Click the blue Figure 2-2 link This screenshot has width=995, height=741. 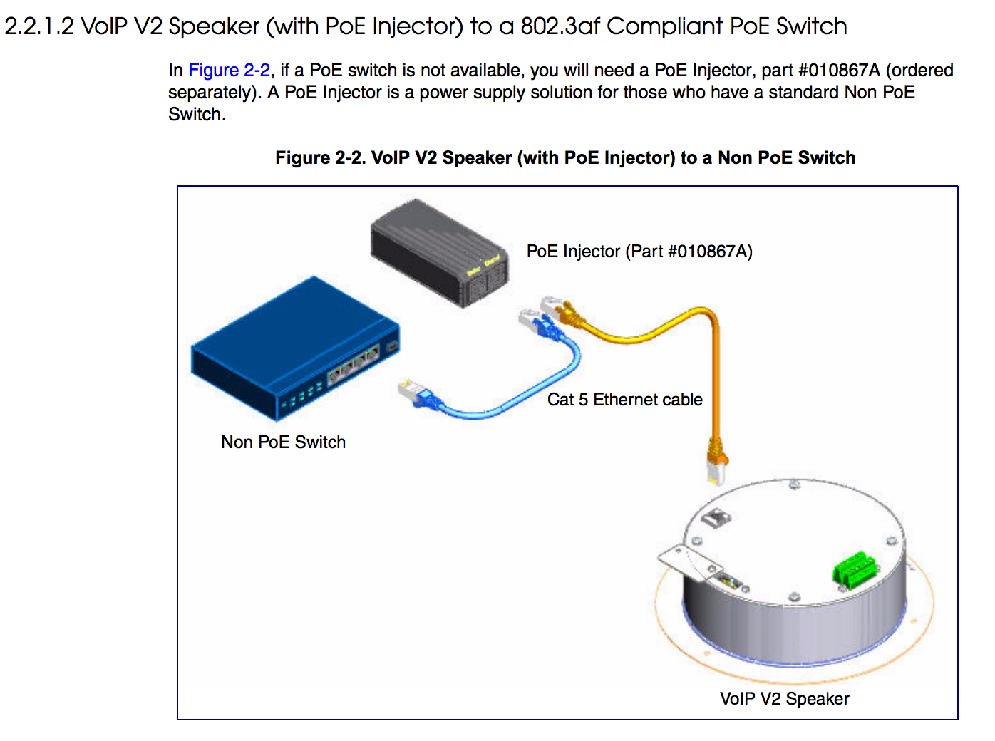229,71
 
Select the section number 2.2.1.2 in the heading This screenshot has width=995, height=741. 39,26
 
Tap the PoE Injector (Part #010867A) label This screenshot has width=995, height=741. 639,252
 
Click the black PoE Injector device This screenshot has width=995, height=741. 438,254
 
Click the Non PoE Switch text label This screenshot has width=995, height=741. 283,442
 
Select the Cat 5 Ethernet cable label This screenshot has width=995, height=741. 624,400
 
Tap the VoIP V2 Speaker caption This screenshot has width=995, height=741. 784,699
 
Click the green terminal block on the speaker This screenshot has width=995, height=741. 854,570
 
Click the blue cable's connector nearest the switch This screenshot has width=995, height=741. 416,395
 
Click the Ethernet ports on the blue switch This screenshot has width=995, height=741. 354,363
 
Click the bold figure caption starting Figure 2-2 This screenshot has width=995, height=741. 565,158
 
